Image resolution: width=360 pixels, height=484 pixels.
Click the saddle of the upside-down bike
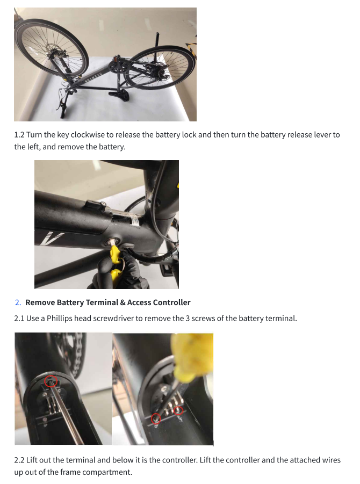(119, 93)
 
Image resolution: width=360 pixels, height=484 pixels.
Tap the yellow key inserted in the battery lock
(116, 264)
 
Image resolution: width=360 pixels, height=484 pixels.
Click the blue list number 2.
(18, 302)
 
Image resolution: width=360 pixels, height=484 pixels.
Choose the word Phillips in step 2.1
(60, 318)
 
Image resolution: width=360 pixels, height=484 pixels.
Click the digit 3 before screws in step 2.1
(188, 318)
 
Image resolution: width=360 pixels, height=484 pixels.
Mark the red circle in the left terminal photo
(51, 381)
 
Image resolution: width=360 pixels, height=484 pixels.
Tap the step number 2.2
(19, 460)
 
